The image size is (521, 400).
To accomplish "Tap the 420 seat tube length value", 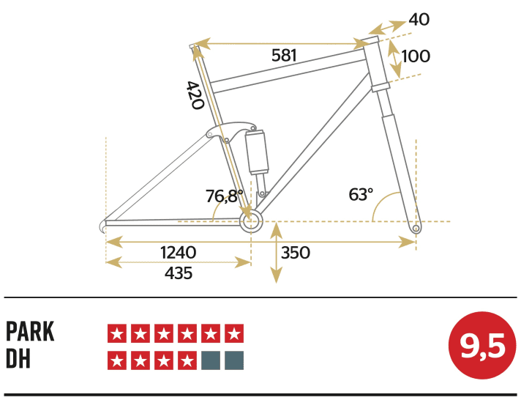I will click(x=195, y=95).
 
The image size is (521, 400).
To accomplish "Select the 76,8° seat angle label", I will click(x=224, y=196).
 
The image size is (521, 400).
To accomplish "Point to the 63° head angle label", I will click(x=360, y=194).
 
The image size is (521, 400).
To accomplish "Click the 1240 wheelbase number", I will click(x=178, y=253).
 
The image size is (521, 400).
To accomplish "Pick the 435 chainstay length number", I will click(x=178, y=273).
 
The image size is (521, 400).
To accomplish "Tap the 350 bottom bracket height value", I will click(x=296, y=253).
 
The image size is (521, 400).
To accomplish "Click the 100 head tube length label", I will click(x=416, y=56).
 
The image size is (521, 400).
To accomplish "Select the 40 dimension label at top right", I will click(x=419, y=20).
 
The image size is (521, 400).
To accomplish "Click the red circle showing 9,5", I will click(x=478, y=347).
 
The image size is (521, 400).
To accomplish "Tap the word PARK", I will click(x=30, y=333).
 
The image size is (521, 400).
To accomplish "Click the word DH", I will click(x=18, y=360).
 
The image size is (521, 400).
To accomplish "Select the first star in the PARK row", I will click(x=117, y=333).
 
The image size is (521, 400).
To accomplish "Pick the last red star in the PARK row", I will click(x=234, y=333).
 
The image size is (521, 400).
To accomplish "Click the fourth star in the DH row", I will click(x=187, y=360).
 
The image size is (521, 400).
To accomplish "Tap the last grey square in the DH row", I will click(x=234, y=360).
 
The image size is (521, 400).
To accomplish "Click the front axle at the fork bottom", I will click(x=416, y=229).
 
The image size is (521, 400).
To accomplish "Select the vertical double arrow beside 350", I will click(x=276, y=253).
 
